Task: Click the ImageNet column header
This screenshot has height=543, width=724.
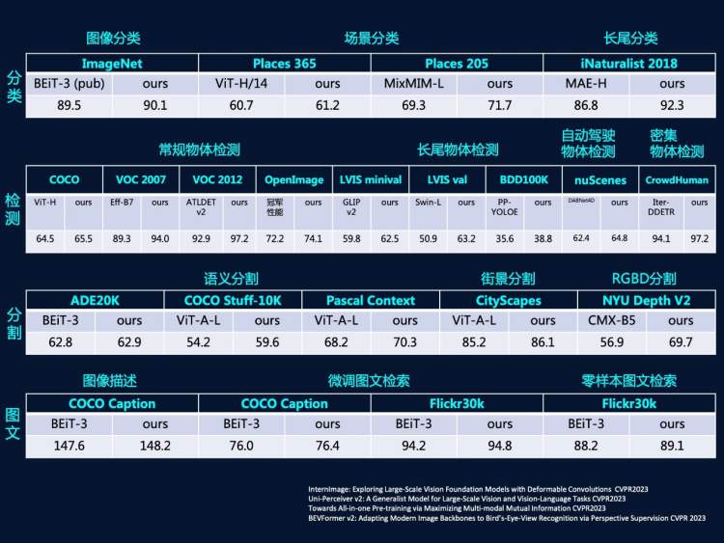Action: (113, 64)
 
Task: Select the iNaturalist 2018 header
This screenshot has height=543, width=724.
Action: (628, 64)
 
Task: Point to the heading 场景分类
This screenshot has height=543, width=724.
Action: (372, 39)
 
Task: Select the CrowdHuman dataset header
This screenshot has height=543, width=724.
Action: (678, 180)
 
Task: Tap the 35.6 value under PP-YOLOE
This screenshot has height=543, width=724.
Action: (504, 237)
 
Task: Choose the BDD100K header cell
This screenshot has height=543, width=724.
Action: (525, 180)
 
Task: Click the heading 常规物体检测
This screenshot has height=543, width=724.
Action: (199, 150)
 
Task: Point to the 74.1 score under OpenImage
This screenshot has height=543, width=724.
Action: (313, 237)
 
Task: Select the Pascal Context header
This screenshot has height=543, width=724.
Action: (371, 301)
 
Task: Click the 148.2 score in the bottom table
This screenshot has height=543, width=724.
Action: (155, 445)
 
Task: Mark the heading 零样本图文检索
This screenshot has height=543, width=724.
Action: (628, 380)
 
